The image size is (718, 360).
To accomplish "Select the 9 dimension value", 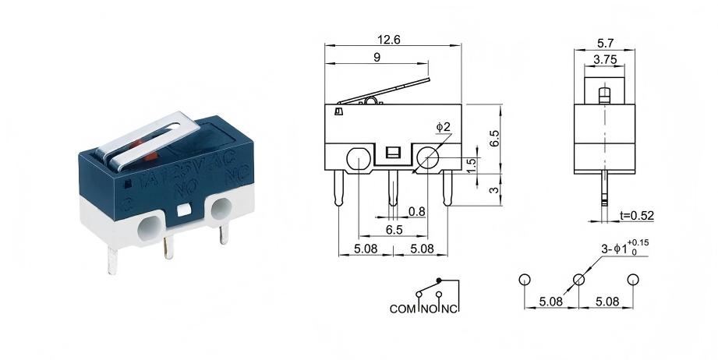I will click(377, 57).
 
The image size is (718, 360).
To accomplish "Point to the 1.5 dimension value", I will click(471, 166).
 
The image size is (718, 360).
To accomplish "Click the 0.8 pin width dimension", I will click(416, 210).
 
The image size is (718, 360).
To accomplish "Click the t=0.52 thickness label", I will click(635, 215).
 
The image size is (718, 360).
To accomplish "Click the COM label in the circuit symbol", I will click(403, 309).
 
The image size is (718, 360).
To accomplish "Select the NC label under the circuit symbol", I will click(450, 309).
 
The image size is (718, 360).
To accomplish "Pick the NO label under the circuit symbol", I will click(429, 309).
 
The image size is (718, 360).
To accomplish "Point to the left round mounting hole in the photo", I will click(148, 229).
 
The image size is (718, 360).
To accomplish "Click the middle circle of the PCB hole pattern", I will click(578, 280).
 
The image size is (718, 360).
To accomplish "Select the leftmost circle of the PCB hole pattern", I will click(525, 280).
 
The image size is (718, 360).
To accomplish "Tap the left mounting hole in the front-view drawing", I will click(357, 160).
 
